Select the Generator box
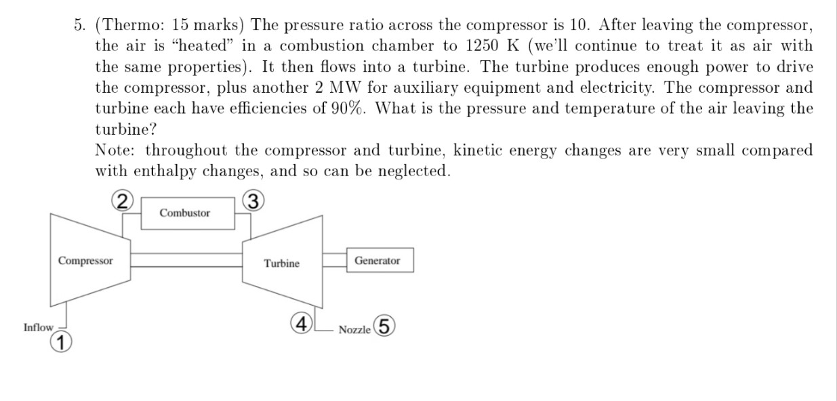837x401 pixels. click(377, 261)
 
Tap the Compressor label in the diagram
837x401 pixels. click(85, 261)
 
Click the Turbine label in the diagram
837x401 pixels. click(281, 263)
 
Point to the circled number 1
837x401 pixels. click(61, 343)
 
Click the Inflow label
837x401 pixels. click(38, 328)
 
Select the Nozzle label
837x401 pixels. click(354, 330)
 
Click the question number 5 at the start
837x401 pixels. click(79, 26)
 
